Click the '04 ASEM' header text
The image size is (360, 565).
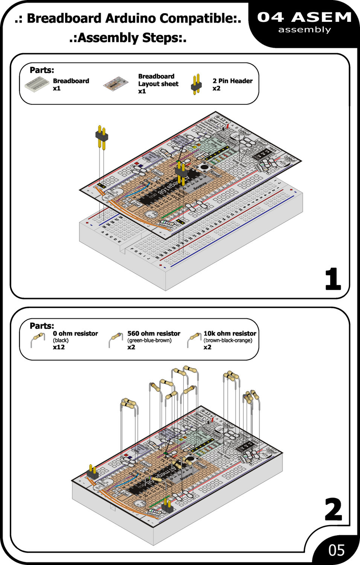(x=304, y=17)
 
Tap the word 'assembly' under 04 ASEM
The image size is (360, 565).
(x=304, y=30)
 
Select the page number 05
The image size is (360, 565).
(x=336, y=550)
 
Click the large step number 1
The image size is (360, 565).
(x=333, y=279)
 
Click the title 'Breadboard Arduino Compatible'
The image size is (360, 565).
(x=128, y=18)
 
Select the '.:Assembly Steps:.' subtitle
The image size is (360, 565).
(x=128, y=38)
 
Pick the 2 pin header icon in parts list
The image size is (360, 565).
(x=196, y=84)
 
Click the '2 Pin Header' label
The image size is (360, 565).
(x=232, y=81)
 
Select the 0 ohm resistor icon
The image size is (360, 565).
(x=38, y=339)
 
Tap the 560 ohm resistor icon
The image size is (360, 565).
(x=115, y=339)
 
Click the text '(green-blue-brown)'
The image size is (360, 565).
(x=149, y=340)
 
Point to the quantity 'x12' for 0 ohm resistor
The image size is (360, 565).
(x=59, y=347)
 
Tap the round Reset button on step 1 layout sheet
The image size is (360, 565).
(x=204, y=166)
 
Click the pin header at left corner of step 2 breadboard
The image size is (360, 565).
(x=92, y=472)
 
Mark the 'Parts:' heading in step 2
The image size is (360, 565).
(x=42, y=326)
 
